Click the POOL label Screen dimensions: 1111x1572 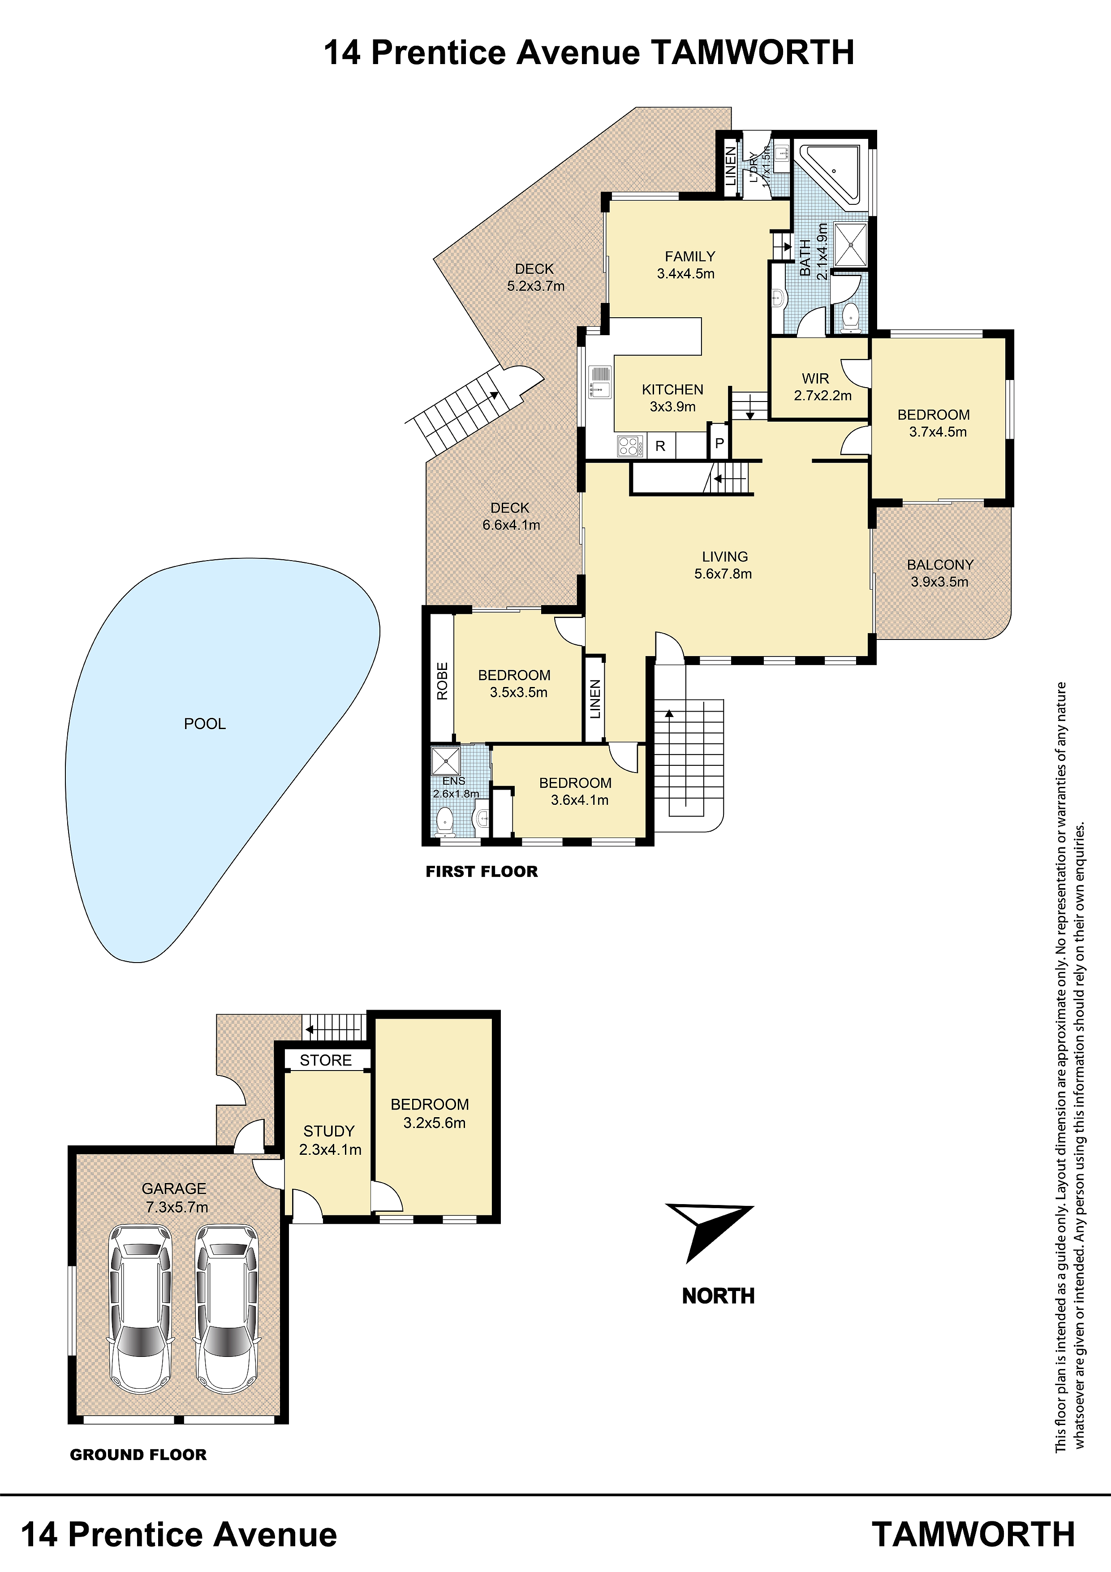(x=205, y=724)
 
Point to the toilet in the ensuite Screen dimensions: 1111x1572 (x=445, y=820)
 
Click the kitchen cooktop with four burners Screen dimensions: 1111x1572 (x=630, y=446)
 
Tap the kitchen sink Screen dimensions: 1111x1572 (x=600, y=382)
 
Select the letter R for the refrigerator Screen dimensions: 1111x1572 (x=661, y=446)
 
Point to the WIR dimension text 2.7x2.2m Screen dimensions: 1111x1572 (x=823, y=396)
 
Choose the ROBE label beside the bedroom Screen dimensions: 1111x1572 (x=442, y=681)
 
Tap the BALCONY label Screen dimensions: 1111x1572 (x=940, y=565)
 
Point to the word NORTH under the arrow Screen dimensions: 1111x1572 (x=718, y=1296)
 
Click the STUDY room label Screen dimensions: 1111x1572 (x=329, y=1131)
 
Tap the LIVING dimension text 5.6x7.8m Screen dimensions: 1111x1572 (x=723, y=574)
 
